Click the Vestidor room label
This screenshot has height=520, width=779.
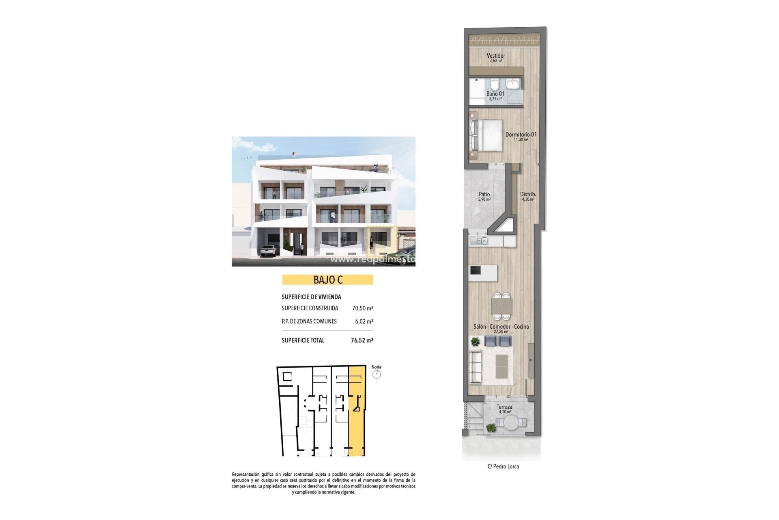(496, 56)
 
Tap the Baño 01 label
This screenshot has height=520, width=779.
(495, 94)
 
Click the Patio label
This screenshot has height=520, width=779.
(484, 195)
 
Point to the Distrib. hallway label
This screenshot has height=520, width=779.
(528, 195)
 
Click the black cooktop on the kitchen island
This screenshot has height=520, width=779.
(476, 269)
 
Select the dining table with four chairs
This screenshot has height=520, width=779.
(501, 305)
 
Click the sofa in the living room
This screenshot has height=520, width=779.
(476, 367)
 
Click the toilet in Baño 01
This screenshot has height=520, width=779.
(494, 85)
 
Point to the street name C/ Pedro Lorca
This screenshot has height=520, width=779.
(503, 466)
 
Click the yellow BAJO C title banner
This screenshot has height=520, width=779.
(327, 280)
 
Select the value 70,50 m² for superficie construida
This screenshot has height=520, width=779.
(362, 308)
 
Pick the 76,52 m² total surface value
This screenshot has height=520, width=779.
(362, 340)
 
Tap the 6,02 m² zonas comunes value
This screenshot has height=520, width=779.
(364, 321)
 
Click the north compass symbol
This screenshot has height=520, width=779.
(377, 374)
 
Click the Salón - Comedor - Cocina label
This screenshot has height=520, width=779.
(501, 327)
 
